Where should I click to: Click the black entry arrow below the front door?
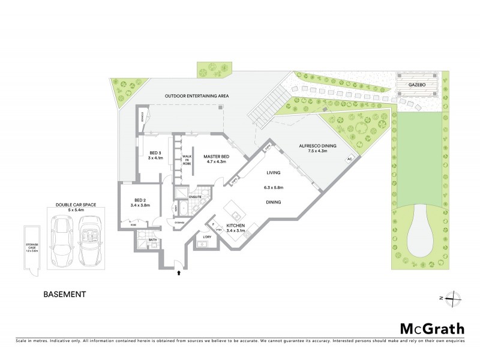[178, 273]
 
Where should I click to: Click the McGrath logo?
[431, 328]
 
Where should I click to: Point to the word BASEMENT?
[65, 295]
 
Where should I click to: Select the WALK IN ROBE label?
[187, 160]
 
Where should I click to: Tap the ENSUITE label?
[196, 196]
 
